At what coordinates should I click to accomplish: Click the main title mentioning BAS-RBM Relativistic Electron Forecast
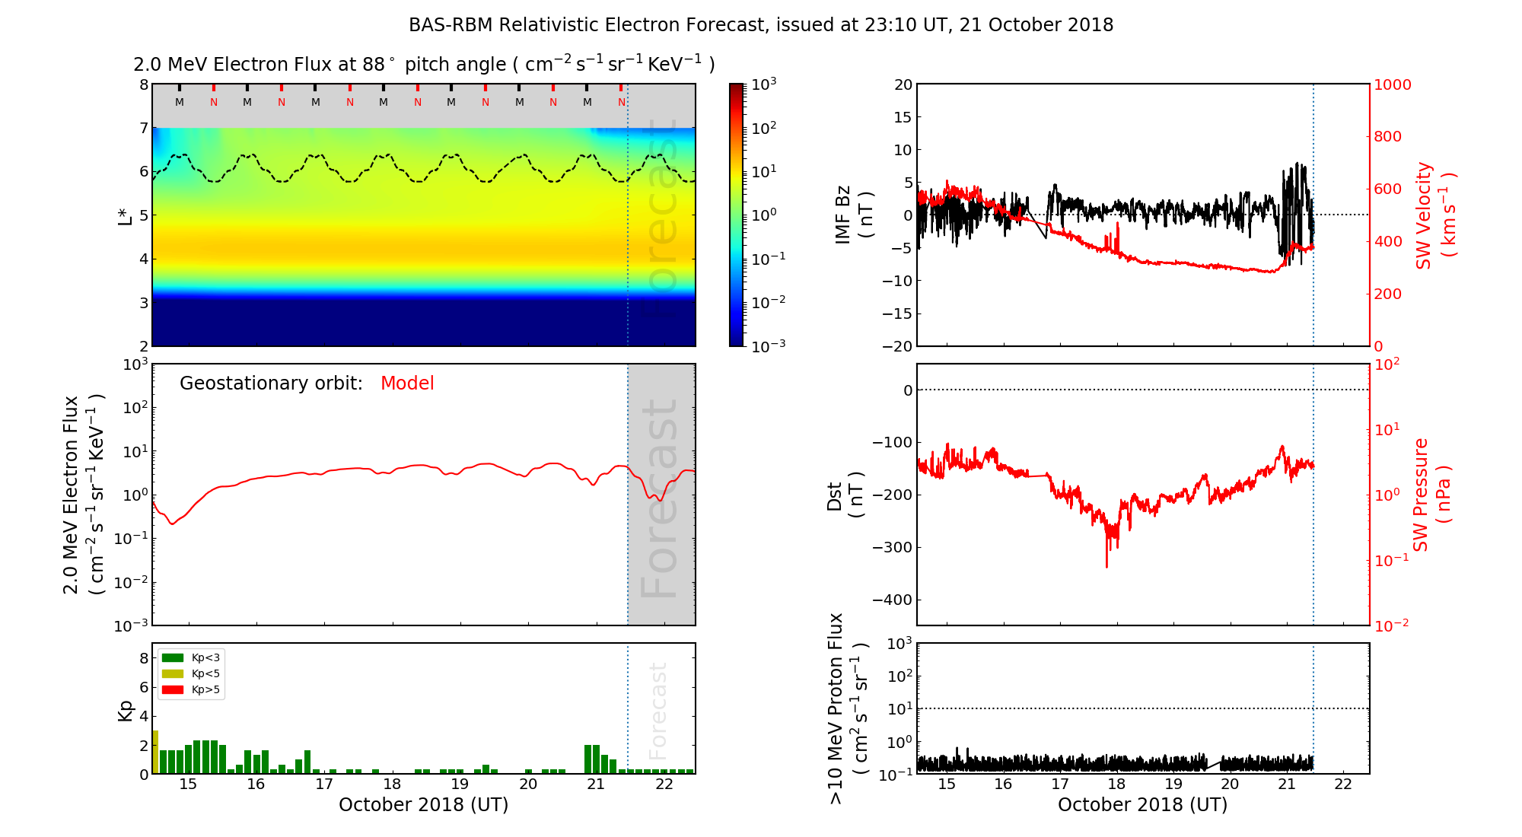761,25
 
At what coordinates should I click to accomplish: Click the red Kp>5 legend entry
191,690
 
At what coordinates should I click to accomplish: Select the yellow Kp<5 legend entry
191,674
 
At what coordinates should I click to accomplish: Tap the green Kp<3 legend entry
191,657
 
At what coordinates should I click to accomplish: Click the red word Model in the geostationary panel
407,383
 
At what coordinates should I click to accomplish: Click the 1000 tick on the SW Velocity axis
1392,84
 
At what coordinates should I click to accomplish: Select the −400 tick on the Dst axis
891,600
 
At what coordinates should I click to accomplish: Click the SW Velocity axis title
1435,215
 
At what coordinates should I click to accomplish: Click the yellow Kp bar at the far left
155,752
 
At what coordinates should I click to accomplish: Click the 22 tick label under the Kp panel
664,784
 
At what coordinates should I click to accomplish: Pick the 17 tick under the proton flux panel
1060,784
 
